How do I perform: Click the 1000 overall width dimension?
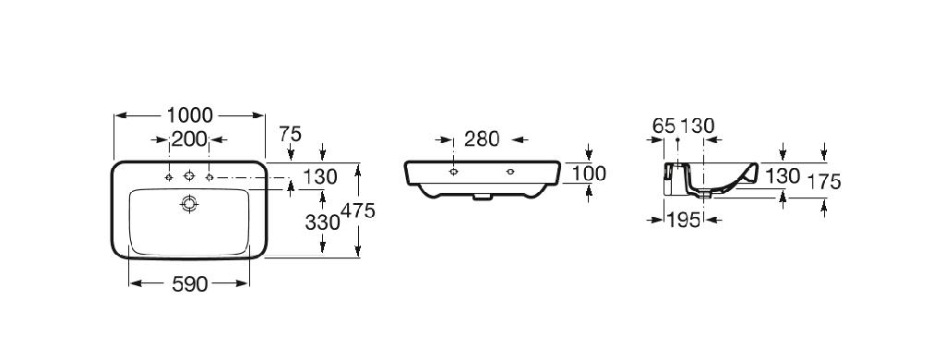point(190,114)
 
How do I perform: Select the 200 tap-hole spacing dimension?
point(189,139)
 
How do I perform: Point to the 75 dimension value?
point(290,134)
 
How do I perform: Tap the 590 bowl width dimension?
point(190,284)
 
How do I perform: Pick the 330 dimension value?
point(322,222)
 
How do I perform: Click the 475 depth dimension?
point(358,210)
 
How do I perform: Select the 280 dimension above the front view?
point(482,139)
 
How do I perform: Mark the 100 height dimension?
point(588,174)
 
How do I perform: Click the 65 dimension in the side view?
point(664,126)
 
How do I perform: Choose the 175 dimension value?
point(823,182)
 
